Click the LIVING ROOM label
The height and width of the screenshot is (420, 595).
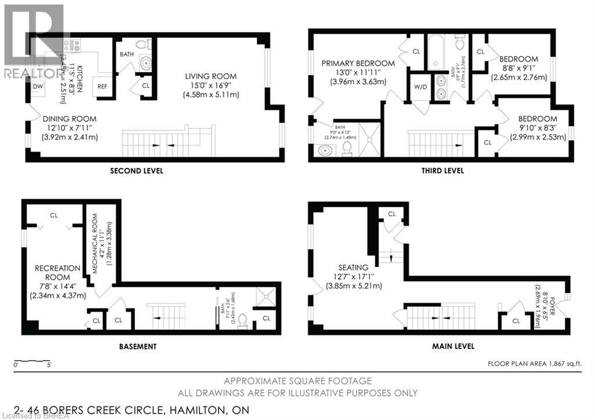[x=210, y=76]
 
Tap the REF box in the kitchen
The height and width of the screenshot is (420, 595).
[x=102, y=86]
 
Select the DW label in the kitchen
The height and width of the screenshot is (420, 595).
[x=37, y=86]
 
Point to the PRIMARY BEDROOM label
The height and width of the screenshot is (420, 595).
[x=359, y=63]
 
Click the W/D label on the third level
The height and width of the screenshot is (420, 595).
[x=420, y=88]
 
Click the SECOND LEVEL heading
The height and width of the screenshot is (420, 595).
[x=137, y=171]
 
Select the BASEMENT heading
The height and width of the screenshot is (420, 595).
[x=137, y=346]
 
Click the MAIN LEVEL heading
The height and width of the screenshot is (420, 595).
[x=453, y=346]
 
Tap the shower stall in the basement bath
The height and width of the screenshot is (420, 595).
[x=268, y=296]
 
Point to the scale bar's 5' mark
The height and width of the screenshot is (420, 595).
[x=49, y=365]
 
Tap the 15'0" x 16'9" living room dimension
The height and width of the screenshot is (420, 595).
[x=210, y=85]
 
